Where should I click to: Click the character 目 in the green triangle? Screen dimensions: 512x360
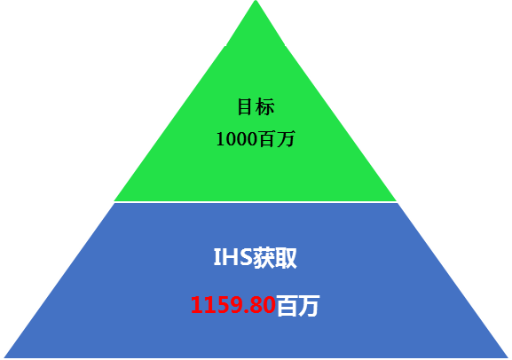click(245, 106)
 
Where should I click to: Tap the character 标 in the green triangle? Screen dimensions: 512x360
click(265, 106)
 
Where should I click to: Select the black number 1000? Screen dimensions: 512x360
click(236, 139)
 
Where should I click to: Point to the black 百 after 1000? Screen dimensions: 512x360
click(265, 139)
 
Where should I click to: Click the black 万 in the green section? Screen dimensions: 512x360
click(285, 139)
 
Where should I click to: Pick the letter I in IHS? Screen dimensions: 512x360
click(217, 257)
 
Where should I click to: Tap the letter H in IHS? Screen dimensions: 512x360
click(229, 257)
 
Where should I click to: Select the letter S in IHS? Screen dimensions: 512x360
click(245, 257)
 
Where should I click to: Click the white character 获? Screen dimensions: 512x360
click(264, 257)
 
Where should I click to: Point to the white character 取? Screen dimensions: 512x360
click(286, 257)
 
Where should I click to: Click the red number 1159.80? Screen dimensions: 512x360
click(232, 305)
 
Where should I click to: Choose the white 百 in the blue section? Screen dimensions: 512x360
click(288, 306)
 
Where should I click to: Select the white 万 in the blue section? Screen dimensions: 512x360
click(309, 306)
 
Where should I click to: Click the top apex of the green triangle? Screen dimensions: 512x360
click(256, 1)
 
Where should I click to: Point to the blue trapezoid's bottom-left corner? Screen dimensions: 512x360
click(4, 357)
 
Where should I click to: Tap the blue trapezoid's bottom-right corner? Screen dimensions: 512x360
click(508, 357)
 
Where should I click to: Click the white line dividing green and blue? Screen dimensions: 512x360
click(256, 202)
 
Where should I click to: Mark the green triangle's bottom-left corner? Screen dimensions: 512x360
click(114, 200)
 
